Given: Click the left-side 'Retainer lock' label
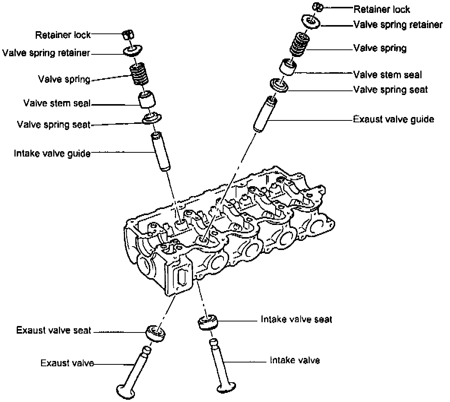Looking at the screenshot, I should click(63, 35).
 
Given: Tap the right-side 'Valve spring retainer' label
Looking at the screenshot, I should click(398, 25).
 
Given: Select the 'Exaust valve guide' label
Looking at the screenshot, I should click(393, 119).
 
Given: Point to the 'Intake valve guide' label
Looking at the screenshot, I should click(52, 154).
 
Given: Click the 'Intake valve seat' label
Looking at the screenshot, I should click(296, 319).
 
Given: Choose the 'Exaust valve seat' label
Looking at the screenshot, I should click(54, 330).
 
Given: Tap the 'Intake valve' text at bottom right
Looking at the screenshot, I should click(295, 360).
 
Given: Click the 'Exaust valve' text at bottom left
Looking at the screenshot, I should click(67, 363).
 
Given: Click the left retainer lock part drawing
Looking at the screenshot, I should click(128, 35).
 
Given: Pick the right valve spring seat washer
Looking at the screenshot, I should click(279, 85).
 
